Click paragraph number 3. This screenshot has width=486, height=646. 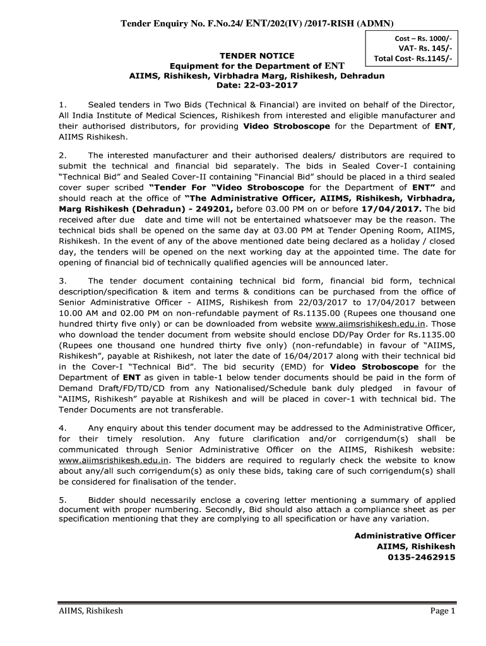pos(61,281)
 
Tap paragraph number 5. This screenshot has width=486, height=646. pos(61,500)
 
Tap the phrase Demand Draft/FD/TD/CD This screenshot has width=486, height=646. pos(110,389)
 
